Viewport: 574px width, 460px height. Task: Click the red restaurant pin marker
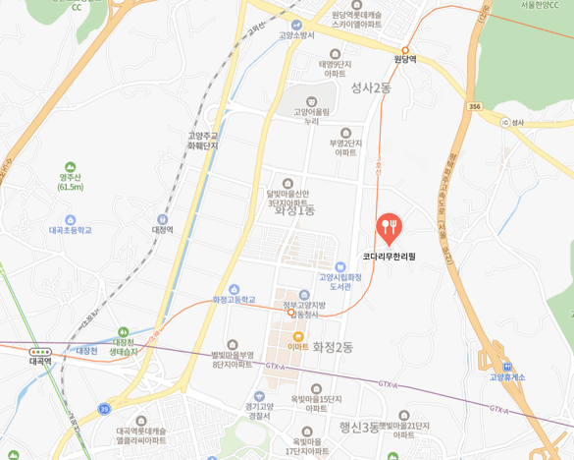click(x=390, y=228)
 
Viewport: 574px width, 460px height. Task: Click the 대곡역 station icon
click(x=40, y=350)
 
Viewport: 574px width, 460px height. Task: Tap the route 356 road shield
click(x=475, y=106)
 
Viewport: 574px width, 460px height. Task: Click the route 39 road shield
click(x=104, y=406)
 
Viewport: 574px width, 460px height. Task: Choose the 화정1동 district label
click(x=294, y=210)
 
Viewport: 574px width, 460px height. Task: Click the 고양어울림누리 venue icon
click(x=312, y=100)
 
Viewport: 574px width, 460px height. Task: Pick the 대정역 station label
click(x=161, y=230)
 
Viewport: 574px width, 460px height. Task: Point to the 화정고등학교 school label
click(x=234, y=299)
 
